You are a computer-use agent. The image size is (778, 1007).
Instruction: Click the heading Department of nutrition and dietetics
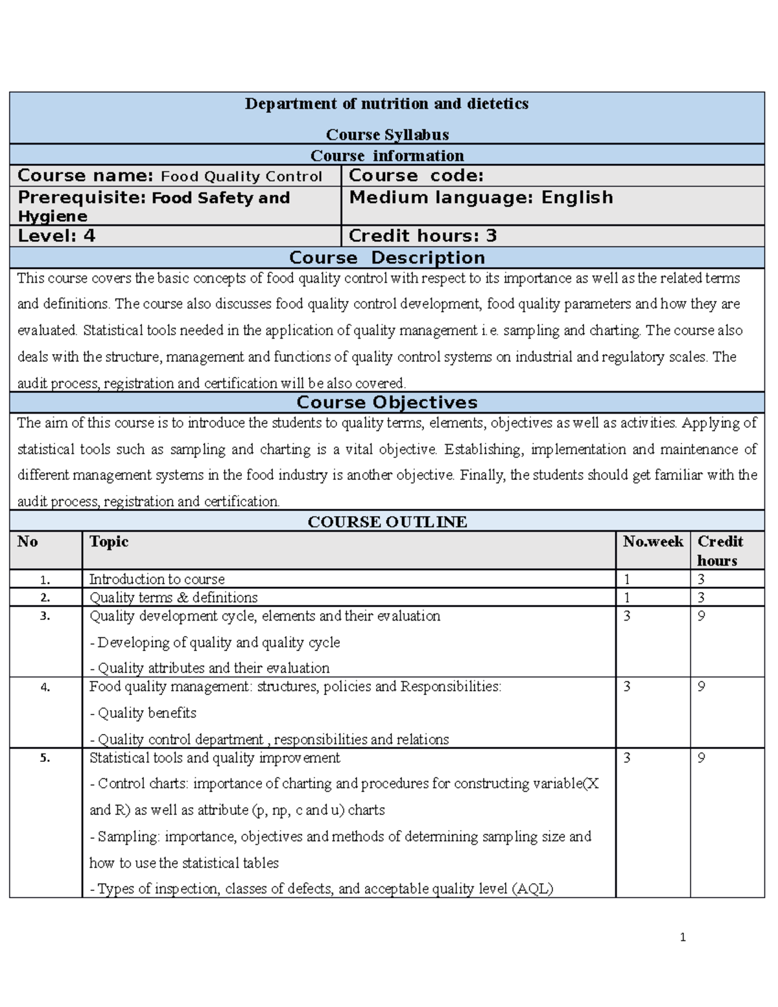pyautogui.click(x=386, y=104)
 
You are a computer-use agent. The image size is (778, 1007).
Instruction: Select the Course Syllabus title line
pyautogui.click(x=387, y=134)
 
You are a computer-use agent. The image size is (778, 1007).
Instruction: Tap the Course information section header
pyautogui.click(x=387, y=156)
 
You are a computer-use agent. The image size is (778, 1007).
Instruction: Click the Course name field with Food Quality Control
pyautogui.click(x=170, y=176)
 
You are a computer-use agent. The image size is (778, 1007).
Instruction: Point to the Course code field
pyautogui.click(x=416, y=176)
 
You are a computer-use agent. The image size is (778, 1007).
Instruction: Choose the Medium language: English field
pyautogui.click(x=480, y=197)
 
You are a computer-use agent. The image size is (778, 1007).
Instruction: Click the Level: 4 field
pyautogui.click(x=56, y=236)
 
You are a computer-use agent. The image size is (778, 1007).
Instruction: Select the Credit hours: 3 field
pyautogui.click(x=423, y=236)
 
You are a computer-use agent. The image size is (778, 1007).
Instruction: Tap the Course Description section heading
pyautogui.click(x=387, y=257)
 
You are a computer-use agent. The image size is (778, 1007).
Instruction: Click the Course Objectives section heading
pyautogui.click(x=387, y=402)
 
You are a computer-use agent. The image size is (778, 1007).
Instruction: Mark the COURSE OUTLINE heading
pyautogui.click(x=387, y=522)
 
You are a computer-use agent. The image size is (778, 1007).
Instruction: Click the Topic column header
pyautogui.click(x=109, y=542)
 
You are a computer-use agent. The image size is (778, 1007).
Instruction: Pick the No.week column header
pyautogui.click(x=652, y=542)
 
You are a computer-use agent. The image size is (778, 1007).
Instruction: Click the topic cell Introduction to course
pyautogui.click(x=157, y=579)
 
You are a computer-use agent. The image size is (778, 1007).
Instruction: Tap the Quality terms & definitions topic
pyautogui.click(x=173, y=597)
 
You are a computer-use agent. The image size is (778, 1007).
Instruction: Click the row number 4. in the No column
pyautogui.click(x=45, y=687)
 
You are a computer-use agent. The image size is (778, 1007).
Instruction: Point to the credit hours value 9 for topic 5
pyautogui.click(x=701, y=758)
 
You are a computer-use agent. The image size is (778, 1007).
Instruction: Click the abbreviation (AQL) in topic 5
pyautogui.click(x=532, y=889)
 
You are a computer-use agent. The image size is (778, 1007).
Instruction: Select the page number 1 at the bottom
pyautogui.click(x=683, y=937)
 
